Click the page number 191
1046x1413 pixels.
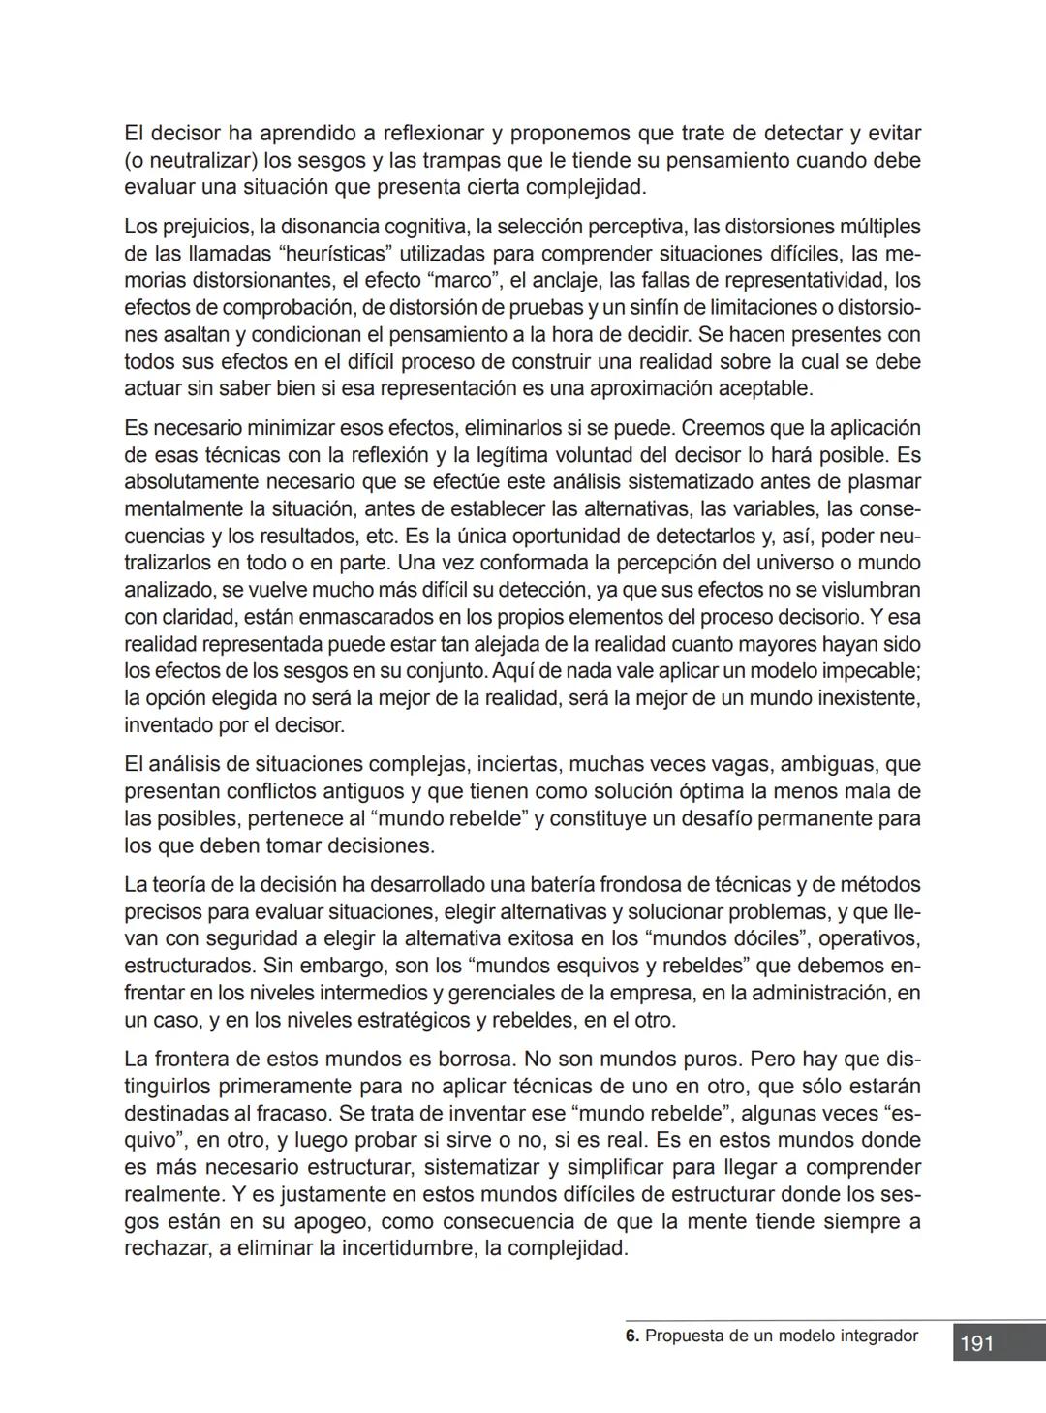pos(977,1343)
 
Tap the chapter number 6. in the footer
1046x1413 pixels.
pos(632,1336)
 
